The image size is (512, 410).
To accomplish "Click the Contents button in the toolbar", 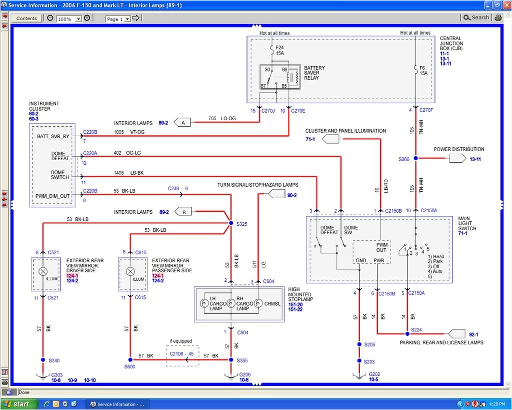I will point(26,18).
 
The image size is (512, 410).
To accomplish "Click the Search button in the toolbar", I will point(476,18).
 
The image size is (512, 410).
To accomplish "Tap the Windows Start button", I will point(16,404).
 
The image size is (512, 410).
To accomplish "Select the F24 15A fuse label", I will point(279,51).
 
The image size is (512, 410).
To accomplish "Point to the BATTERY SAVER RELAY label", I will point(314,73).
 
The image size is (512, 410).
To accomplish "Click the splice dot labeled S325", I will point(231,222).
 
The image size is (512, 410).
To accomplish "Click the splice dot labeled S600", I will point(130,359).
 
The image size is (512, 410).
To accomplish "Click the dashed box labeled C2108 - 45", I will point(182,354).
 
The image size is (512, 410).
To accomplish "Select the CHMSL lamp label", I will point(272,303).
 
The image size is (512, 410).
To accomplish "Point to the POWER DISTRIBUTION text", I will point(458,149).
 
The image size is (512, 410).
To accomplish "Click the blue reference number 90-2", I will point(291,195).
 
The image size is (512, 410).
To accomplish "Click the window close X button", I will point(506,5).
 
